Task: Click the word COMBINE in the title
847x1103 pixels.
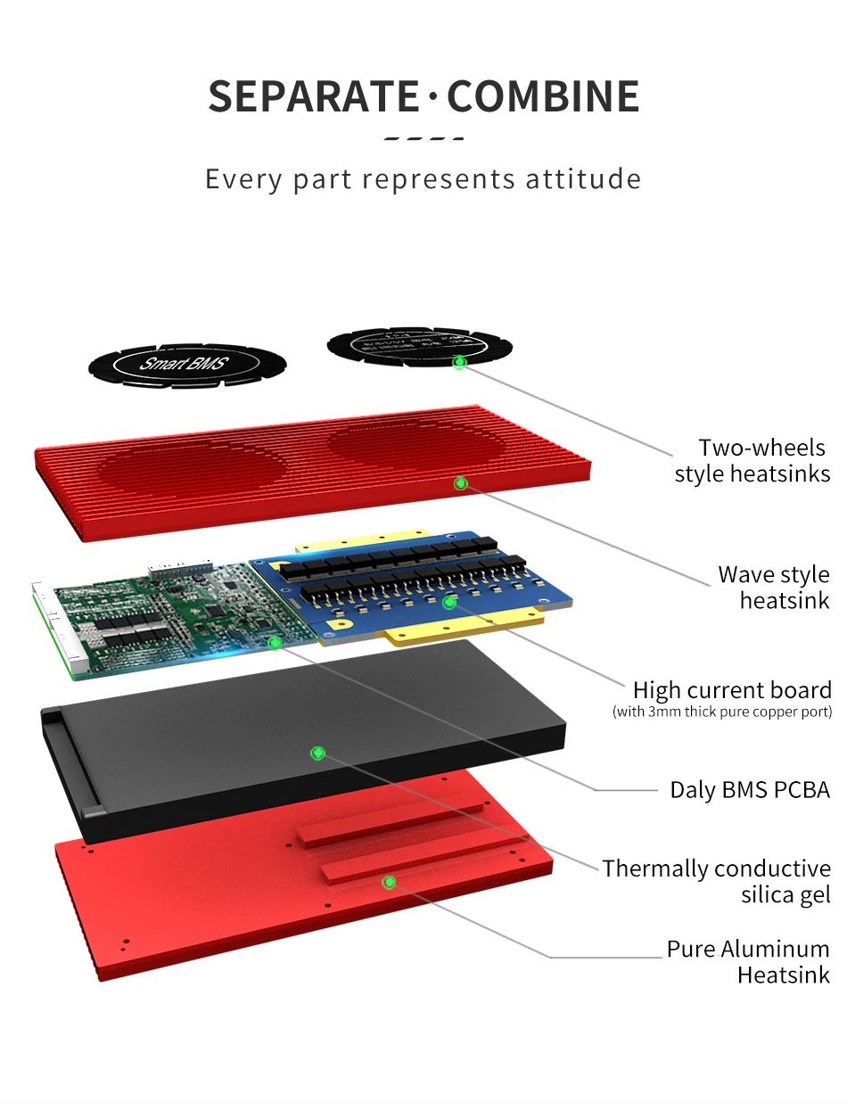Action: [x=543, y=96]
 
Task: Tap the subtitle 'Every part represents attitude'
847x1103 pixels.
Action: [x=423, y=178]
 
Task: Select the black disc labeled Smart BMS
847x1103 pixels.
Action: [x=186, y=365]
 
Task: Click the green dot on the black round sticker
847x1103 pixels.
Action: [x=459, y=363]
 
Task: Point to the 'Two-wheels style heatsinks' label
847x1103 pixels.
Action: [x=752, y=460]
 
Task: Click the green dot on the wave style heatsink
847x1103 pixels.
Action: [x=461, y=483]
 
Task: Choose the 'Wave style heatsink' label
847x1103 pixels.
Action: [x=773, y=587]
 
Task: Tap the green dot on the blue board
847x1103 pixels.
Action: [x=449, y=603]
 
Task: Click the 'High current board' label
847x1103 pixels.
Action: [x=731, y=689]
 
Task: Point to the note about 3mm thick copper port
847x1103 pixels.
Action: [x=721, y=712]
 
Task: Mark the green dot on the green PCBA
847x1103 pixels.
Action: [x=275, y=642]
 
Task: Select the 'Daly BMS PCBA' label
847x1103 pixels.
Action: [x=749, y=789]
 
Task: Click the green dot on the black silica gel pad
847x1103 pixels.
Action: [x=317, y=753]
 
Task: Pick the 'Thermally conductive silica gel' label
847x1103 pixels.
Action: [x=715, y=881]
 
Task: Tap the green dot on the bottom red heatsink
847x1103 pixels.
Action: [x=389, y=883]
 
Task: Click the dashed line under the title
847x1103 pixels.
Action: [x=423, y=139]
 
